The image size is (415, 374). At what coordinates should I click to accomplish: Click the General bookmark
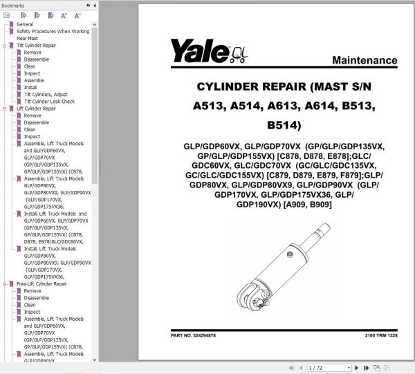(25, 24)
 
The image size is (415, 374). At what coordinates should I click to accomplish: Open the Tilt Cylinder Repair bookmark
(35, 46)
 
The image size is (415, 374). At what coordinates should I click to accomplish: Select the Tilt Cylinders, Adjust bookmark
(46, 95)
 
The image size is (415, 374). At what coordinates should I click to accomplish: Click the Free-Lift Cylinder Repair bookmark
(41, 284)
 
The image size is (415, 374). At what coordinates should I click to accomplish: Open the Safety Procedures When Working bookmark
(53, 31)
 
